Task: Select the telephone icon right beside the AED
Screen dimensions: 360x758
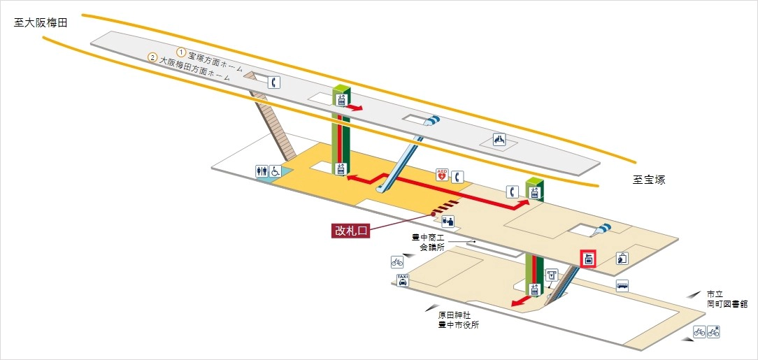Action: tap(458, 177)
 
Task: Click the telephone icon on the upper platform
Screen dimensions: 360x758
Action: tap(275, 82)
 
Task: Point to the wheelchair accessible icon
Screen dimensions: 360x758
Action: tap(276, 171)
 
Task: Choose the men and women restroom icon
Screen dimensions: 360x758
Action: tap(262, 171)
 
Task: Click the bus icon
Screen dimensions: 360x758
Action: tap(622, 285)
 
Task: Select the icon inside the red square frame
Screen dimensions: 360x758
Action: tap(589, 259)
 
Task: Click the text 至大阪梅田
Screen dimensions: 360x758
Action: tap(40, 23)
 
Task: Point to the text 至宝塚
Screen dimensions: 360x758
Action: tap(649, 180)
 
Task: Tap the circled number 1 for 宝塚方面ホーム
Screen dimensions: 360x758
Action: tap(181, 52)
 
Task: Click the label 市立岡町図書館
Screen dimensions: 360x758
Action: tap(727, 299)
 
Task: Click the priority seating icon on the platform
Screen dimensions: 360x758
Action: tap(499, 140)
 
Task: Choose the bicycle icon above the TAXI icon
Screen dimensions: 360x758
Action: tap(397, 263)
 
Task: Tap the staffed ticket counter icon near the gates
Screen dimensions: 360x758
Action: tap(448, 222)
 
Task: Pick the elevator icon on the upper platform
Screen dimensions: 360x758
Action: tap(341, 99)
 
